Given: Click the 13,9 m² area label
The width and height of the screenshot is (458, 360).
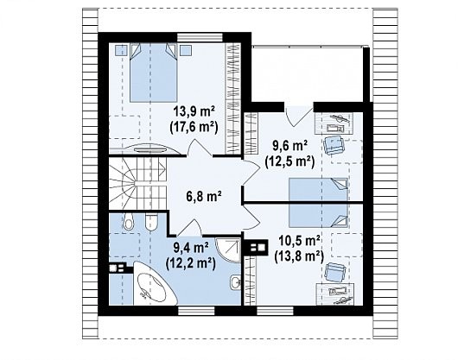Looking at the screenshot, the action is [194, 111].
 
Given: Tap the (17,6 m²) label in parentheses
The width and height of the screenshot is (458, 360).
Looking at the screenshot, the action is [194, 128].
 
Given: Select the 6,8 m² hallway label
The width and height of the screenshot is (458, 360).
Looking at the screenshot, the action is [204, 196].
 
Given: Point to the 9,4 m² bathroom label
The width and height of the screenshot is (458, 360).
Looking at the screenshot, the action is [191, 249].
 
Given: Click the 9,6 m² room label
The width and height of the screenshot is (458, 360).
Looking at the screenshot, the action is [289, 146].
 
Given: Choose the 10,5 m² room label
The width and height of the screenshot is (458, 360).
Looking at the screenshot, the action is [299, 241].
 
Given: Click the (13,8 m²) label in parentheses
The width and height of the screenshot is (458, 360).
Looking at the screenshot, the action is [299, 256].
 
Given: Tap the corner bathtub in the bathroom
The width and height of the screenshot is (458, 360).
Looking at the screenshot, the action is [153, 283].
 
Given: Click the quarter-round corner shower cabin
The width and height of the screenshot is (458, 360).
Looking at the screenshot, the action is [229, 249].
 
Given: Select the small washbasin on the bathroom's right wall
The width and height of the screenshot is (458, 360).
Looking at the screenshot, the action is [235, 282].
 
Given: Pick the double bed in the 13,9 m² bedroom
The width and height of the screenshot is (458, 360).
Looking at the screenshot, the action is [153, 73].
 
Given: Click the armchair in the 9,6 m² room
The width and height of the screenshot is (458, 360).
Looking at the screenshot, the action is [334, 145].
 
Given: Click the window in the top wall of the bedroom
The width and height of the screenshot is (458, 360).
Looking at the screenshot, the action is [200, 38].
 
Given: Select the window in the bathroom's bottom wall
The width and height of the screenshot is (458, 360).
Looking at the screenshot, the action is [196, 311].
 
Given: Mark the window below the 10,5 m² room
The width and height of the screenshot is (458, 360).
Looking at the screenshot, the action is [275, 311].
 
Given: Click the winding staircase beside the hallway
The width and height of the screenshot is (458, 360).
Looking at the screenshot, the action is [137, 184].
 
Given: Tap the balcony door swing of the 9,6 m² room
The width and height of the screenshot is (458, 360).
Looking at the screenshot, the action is [298, 117].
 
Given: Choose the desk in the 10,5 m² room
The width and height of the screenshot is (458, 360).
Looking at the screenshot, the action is [335, 294].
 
